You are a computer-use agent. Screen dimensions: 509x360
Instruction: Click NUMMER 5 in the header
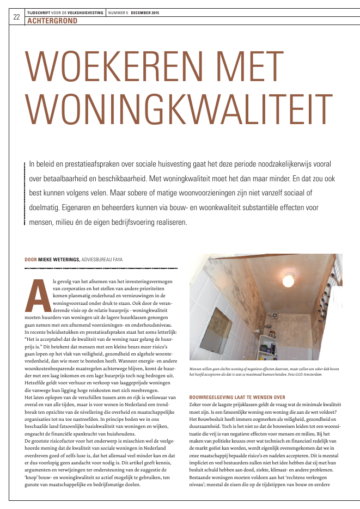click(118, 11)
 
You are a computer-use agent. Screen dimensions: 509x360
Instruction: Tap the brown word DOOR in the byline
click(30, 260)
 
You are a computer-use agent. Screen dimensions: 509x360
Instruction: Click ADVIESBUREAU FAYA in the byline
click(102, 260)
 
